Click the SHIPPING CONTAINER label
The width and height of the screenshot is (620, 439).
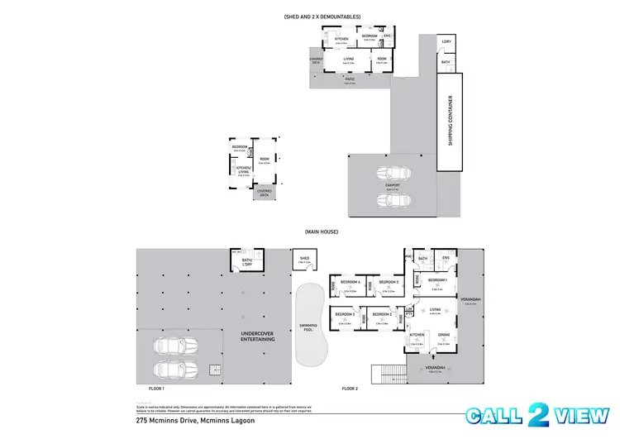click(451, 122)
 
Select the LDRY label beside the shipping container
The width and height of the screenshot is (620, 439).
click(446, 41)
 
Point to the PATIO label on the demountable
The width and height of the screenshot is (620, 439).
click(349, 79)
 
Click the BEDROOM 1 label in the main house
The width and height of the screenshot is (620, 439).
click(437, 280)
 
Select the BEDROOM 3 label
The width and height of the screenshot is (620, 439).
click(346, 314)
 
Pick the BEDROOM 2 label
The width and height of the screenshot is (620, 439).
click(381, 314)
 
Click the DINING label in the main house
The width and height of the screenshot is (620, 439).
click(443, 334)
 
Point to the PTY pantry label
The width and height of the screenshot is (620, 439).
click(408, 314)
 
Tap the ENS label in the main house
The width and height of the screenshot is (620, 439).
click(446, 259)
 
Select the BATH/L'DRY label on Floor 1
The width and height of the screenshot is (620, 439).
click(246, 260)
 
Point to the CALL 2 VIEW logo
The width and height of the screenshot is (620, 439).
click(541, 416)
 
